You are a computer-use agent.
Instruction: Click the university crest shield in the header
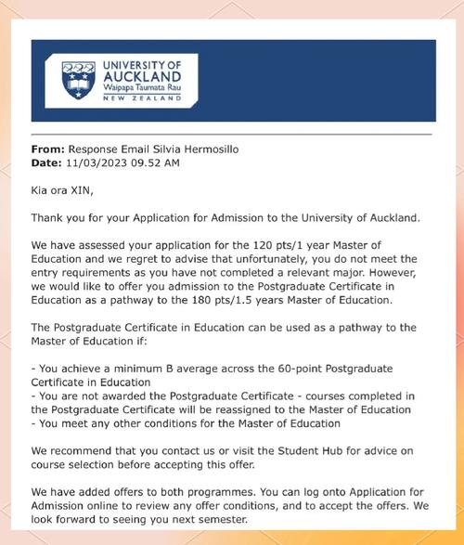[78, 80]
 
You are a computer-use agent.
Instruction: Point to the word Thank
[48, 218]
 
